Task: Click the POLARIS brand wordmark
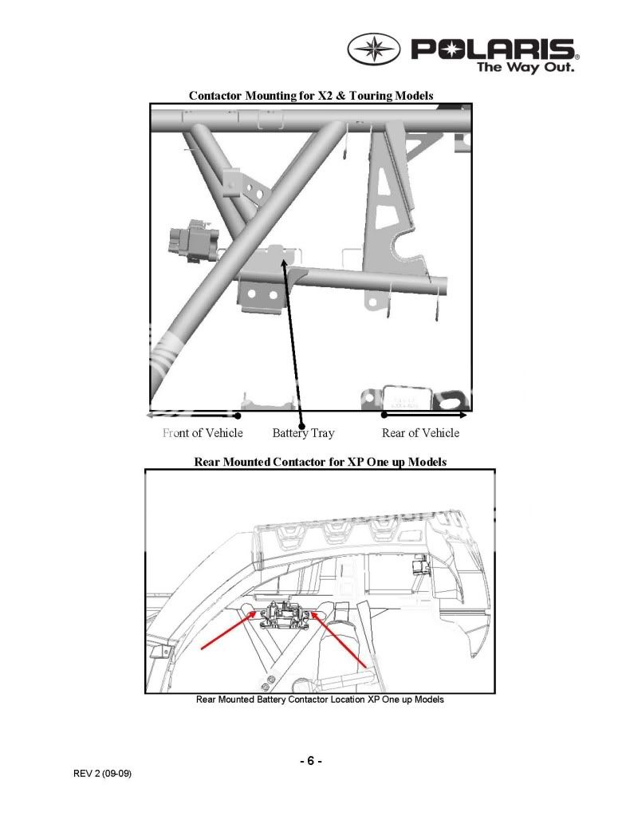(494, 49)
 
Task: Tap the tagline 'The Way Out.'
(525, 68)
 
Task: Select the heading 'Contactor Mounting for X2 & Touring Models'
(311, 96)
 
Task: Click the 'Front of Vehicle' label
(203, 433)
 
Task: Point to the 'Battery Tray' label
(303, 433)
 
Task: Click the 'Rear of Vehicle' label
(420, 433)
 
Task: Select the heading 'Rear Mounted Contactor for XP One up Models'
(320, 462)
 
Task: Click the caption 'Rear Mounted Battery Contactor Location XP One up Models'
(320, 700)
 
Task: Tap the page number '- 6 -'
(311, 761)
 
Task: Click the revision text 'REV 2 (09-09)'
(101, 774)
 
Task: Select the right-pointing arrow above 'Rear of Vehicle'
(425, 415)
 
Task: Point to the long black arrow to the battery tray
(292, 335)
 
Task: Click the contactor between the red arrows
(283, 615)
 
